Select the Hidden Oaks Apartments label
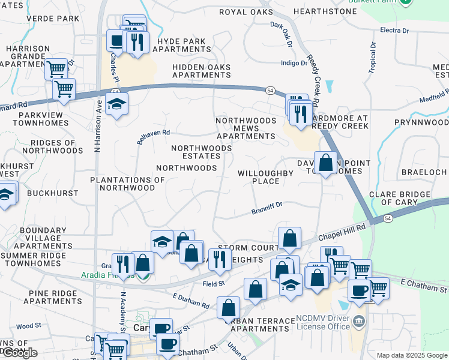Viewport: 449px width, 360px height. pyautogui.click(x=202, y=71)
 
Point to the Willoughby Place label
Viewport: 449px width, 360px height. pyautogui.click(x=266, y=177)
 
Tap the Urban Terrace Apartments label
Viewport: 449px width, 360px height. pyautogui.click(x=259, y=325)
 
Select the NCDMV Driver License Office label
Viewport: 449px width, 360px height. pyautogui.click(x=322, y=323)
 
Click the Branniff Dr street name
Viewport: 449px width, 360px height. pyautogui.click(x=267, y=211)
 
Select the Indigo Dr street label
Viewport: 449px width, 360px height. pyautogui.click(x=294, y=62)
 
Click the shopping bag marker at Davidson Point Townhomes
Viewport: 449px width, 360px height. pyautogui.click(x=325, y=163)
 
